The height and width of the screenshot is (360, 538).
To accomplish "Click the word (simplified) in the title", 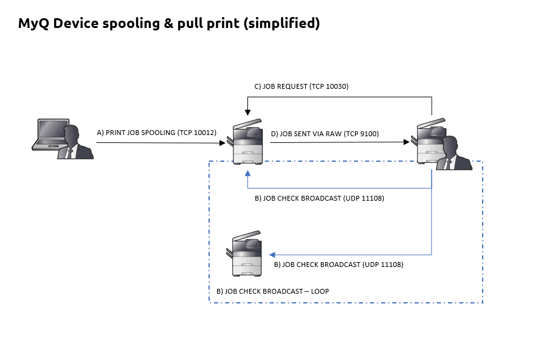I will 283,24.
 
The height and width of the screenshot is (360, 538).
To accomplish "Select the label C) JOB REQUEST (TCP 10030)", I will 301,86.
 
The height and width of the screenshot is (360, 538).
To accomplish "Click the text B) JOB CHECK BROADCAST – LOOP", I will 272,291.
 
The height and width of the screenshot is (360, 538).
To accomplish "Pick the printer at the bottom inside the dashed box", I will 247,254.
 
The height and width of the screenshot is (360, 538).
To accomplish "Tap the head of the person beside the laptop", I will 74,132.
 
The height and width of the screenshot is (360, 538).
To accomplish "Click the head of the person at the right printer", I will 450,145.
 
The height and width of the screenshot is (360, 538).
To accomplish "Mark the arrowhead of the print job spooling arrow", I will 222,143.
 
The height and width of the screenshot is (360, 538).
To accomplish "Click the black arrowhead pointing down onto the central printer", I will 248,113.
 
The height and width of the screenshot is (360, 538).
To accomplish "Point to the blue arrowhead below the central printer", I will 248,173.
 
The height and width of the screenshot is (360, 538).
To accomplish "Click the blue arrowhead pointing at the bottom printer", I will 272,254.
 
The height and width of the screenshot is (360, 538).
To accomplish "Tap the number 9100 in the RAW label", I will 368,133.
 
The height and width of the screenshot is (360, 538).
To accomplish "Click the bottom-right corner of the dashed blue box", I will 482,302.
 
